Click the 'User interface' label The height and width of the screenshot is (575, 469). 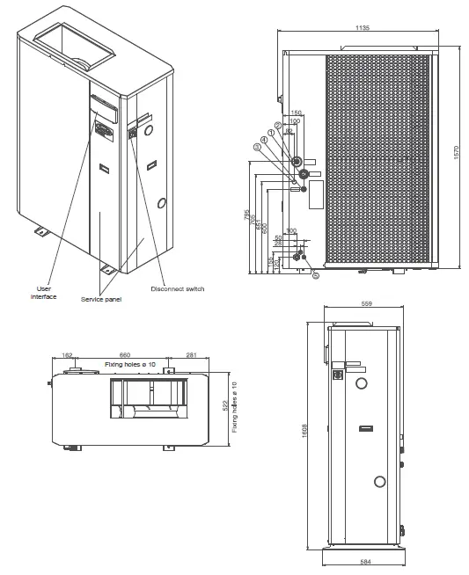click(x=44, y=293)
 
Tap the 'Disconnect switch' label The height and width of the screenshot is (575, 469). click(x=177, y=288)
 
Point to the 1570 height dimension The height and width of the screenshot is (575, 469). click(x=456, y=152)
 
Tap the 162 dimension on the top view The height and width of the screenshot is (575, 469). click(x=68, y=356)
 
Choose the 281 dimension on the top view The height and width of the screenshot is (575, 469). click(x=191, y=356)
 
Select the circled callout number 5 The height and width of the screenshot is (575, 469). click(x=315, y=275)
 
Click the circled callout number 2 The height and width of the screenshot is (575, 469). click(x=277, y=126)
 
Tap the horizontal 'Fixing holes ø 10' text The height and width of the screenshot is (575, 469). click(x=130, y=364)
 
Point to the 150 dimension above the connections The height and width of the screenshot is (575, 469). click(x=296, y=113)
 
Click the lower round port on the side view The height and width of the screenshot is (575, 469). click(x=379, y=481)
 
